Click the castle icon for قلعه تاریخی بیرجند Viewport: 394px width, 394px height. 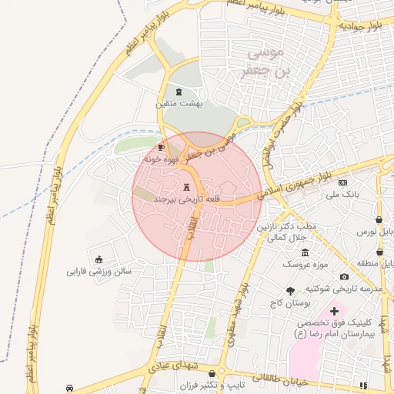click(186, 187)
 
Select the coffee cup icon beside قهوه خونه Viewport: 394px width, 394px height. click(161, 146)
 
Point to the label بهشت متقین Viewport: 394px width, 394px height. click(178, 102)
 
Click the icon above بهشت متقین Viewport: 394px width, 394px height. click(179, 92)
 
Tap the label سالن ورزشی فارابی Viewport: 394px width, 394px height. click(99, 271)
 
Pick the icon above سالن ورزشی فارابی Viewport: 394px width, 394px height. click(98, 259)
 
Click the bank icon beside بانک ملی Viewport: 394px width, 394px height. click(342, 182)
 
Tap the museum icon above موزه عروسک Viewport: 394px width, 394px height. click(306, 252)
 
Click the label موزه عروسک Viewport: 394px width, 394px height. click(305, 264)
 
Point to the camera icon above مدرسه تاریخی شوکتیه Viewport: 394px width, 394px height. click(343, 277)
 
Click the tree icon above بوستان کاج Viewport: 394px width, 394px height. click(289, 291)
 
